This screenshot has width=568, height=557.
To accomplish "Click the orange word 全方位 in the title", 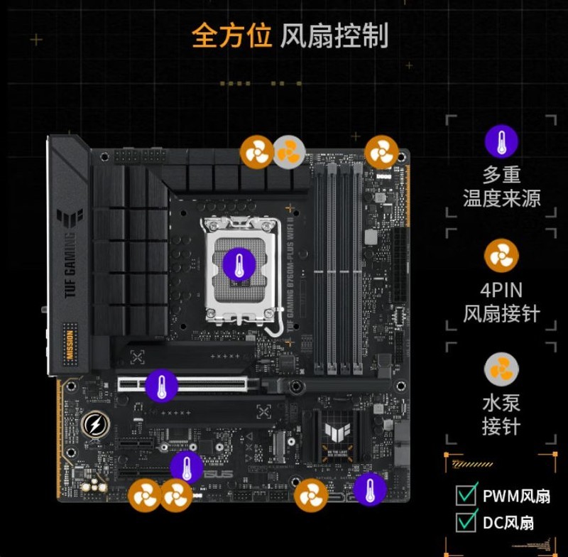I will pos(231,36).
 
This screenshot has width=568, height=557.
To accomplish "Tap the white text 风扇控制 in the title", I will pos(334,36).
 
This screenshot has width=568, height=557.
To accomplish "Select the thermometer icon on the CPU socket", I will pos(239,264).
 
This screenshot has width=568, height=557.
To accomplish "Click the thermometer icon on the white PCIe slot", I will pos(162,386).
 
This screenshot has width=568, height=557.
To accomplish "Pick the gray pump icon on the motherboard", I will pos(289,152).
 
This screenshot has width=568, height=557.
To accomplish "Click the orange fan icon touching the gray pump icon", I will pos(256,152).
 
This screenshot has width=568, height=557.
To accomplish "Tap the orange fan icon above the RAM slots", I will pos(382,152).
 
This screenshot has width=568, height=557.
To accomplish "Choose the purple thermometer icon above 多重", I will pos(501,141).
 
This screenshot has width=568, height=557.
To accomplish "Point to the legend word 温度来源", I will pos(501,198).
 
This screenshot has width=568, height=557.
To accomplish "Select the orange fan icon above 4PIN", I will pos(501,256).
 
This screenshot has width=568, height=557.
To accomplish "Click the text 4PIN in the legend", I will pos(501,290).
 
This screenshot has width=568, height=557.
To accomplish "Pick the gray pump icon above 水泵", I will pos(501,370).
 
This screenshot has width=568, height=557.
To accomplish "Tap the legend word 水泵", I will pos(501,404).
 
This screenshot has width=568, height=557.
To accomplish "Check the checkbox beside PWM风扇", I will pos(466,494).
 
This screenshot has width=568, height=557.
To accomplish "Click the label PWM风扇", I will pos(516,495).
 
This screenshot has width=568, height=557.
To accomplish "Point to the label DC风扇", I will pos(508,523).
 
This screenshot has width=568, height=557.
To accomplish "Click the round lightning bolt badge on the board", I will pos(94,424).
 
